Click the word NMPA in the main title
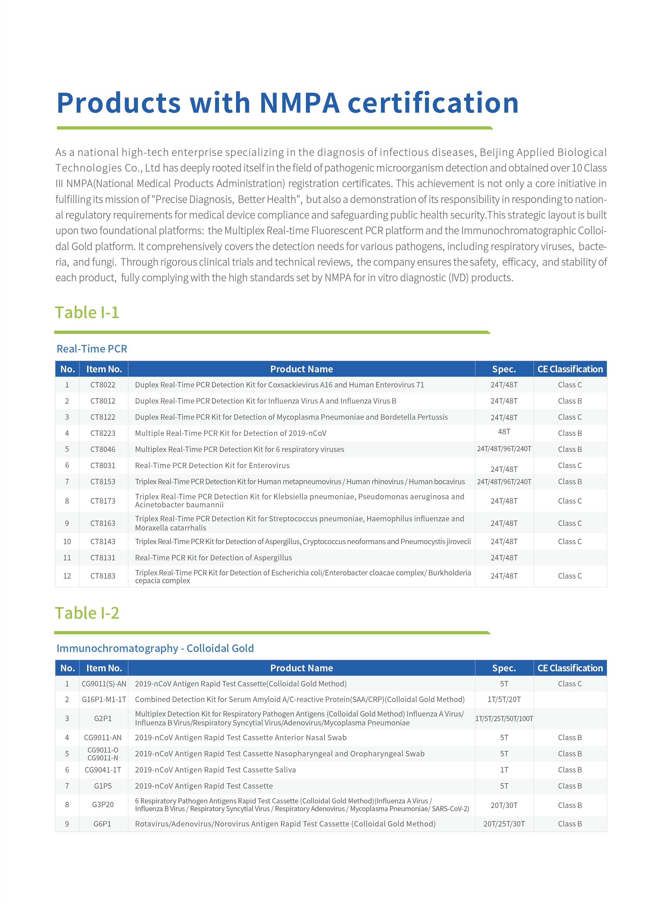pyautogui.click(x=299, y=103)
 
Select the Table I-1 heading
pyautogui.click(x=87, y=313)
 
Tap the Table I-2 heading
pyautogui.click(x=87, y=613)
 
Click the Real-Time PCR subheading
pyautogui.click(x=92, y=349)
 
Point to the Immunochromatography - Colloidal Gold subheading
pyautogui.click(x=155, y=649)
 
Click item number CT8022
pyautogui.click(x=103, y=385)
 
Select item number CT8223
pyautogui.click(x=103, y=433)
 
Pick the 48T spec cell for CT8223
pyautogui.click(x=504, y=432)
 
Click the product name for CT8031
pyautogui.click(x=212, y=466)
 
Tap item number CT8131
pyautogui.click(x=103, y=558)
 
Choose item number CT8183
pyautogui.click(x=103, y=576)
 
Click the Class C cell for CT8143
pyautogui.click(x=570, y=541)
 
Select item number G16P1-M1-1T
pyautogui.click(x=104, y=700)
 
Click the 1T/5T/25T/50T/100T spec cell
pyautogui.click(x=504, y=718)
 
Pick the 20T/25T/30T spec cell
pyautogui.click(x=504, y=824)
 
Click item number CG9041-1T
pyautogui.click(x=103, y=770)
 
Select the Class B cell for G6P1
pyautogui.click(x=570, y=824)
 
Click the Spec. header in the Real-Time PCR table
pyautogui.click(x=504, y=369)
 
